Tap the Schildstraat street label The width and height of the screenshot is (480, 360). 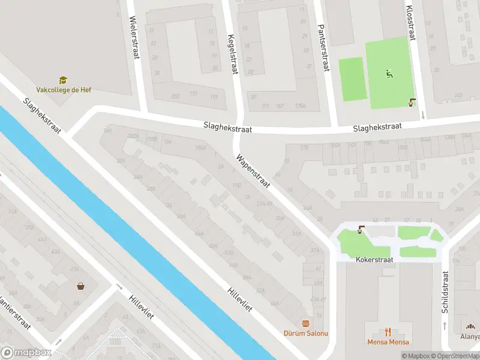pos(445,291)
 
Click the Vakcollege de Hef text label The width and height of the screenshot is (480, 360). pos(64,90)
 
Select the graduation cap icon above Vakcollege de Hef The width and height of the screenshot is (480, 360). pos(63,80)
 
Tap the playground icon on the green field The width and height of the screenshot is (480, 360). pos(389,74)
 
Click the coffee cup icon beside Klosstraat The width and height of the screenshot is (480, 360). pos(412,102)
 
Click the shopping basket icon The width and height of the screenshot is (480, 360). pos(80,286)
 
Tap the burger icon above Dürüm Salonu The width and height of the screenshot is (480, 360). pos(306,323)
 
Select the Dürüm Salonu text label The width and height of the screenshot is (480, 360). pos(306,334)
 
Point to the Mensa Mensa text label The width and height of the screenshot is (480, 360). pos(388,342)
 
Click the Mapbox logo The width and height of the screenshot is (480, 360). pos(26,352)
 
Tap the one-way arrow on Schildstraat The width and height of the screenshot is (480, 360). pos(444,325)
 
